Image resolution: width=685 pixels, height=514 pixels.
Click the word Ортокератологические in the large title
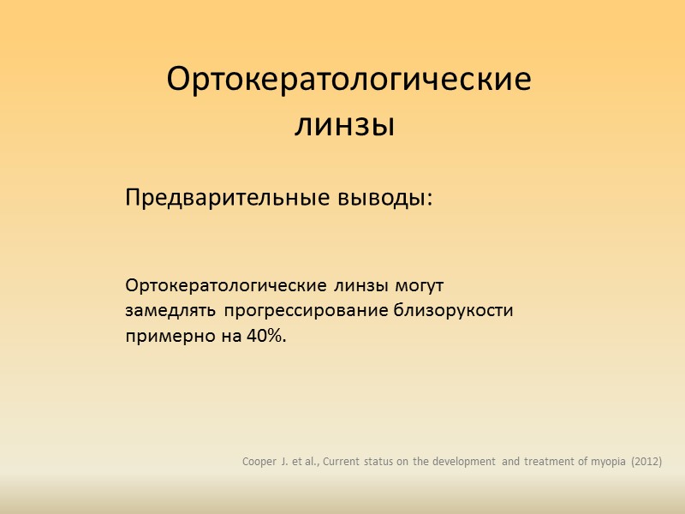(348, 81)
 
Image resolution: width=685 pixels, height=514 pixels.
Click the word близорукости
(453, 310)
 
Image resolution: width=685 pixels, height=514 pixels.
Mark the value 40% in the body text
(267, 337)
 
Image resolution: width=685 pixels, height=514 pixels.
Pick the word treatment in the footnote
(547, 463)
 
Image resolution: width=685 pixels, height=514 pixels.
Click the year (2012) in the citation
(646, 463)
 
